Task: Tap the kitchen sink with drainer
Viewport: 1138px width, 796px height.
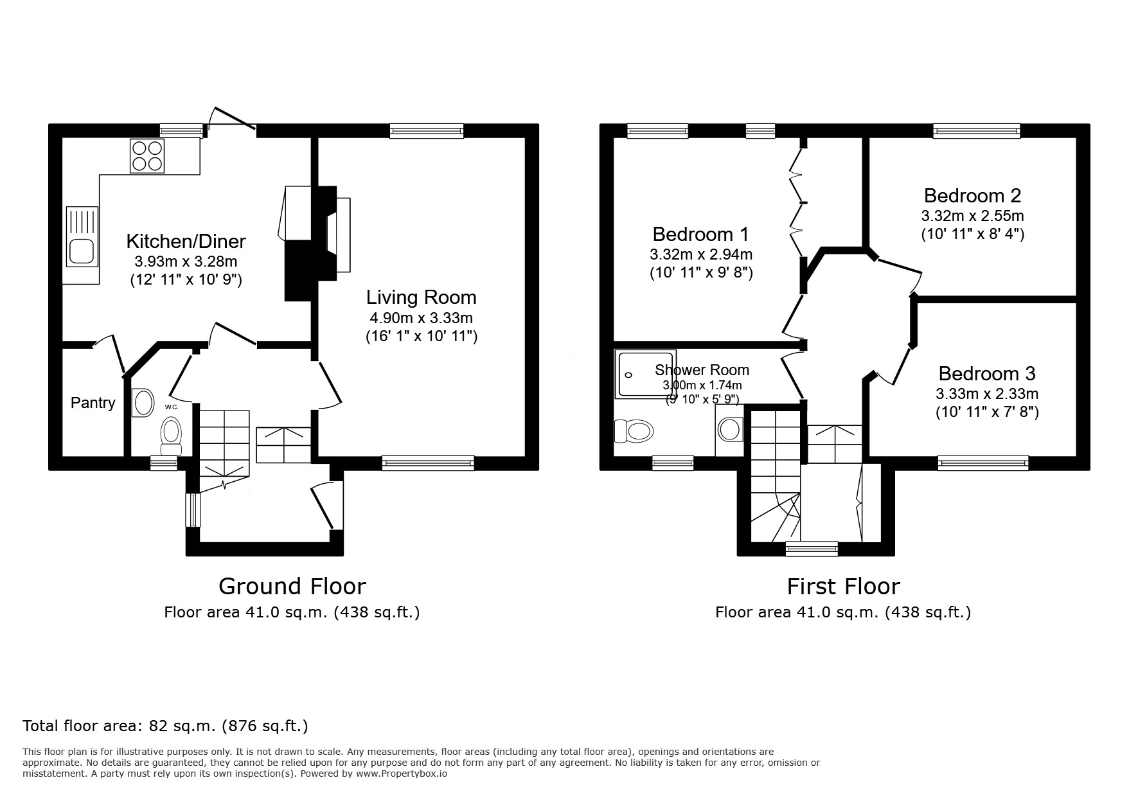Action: (82, 236)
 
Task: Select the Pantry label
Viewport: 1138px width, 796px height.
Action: (93, 403)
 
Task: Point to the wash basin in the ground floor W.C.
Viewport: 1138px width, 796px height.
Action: (143, 403)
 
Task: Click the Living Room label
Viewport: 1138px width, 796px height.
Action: (422, 297)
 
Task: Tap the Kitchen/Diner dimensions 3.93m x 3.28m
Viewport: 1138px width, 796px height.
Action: (186, 261)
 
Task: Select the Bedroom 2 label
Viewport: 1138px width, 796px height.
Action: (972, 195)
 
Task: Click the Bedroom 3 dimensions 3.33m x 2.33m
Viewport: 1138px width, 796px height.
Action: (987, 394)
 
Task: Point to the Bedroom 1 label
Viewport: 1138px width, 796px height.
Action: (701, 233)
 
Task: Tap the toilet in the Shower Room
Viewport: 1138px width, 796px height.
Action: (634, 430)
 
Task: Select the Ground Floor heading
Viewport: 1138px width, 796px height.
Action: (292, 586)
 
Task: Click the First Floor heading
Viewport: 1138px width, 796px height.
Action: (844, 586)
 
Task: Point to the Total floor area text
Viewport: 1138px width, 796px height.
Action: (165, 726)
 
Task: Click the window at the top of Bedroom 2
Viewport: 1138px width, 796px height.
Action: (977, 132)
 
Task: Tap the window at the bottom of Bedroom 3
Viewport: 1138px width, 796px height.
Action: (983, 463)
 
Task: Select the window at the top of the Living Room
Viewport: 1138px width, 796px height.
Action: (427, 132)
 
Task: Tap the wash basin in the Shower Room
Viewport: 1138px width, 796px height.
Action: (731, 429)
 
